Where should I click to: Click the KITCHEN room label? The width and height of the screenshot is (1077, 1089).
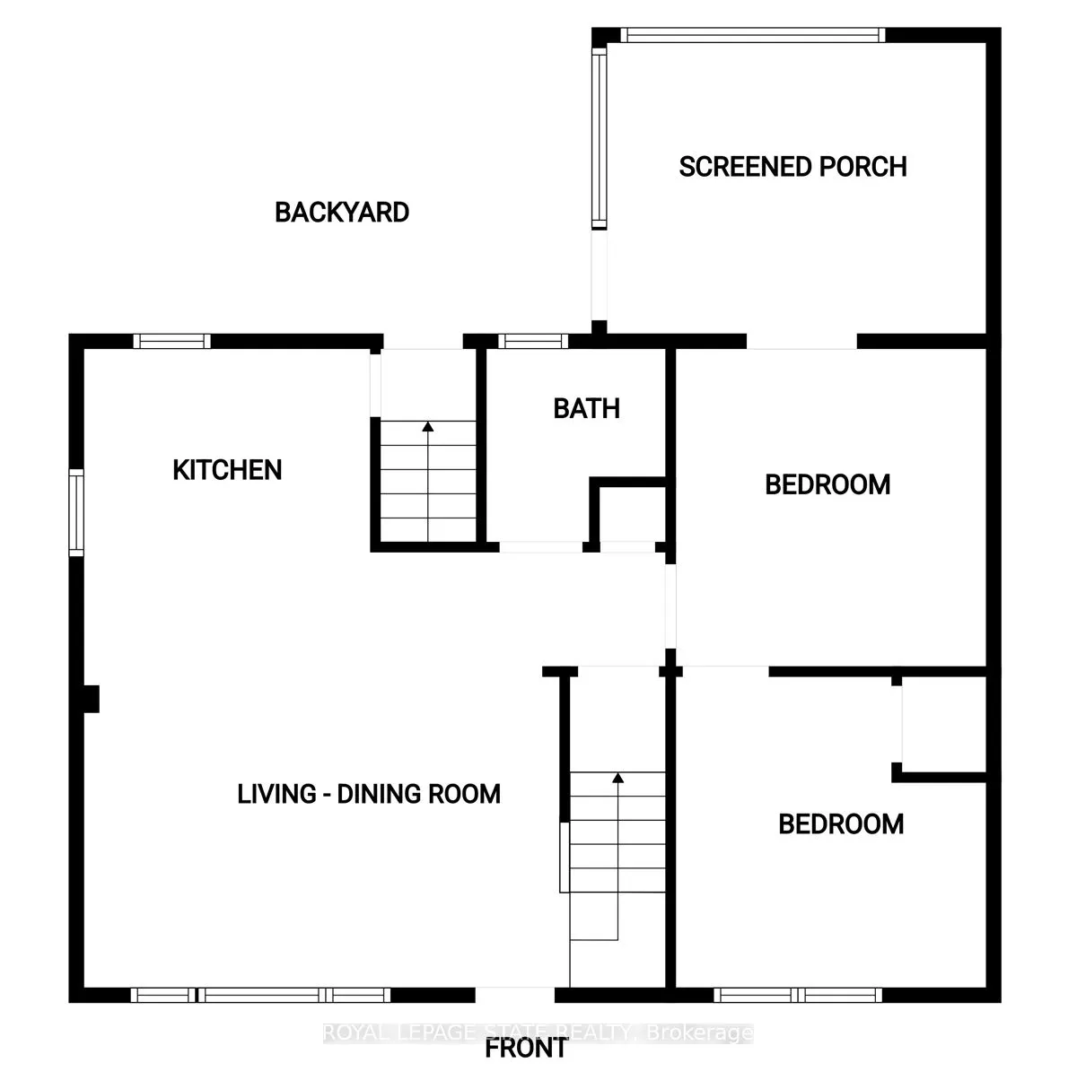(227, 470)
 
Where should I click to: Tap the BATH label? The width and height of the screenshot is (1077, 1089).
(586, 409)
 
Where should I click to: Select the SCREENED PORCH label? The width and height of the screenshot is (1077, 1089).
(792, 167)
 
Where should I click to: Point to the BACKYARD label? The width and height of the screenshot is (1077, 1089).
(342, 213)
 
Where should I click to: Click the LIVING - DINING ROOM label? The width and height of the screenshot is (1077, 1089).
(369, 794)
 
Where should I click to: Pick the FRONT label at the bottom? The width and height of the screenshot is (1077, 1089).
(526, 1048)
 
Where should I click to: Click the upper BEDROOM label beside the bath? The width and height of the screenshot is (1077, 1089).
(827, 484)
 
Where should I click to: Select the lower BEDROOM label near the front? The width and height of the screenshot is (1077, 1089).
(841, 824)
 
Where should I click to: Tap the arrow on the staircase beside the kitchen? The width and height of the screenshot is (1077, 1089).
(428, 428)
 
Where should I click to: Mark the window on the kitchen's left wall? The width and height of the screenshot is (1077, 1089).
(76, 512)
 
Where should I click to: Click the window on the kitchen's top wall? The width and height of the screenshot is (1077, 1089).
(172, 341)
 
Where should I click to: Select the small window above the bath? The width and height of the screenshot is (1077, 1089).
(533, 341)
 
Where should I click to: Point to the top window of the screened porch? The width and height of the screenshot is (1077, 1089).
(752, 36)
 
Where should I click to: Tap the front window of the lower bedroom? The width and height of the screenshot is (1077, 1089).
(799, 995)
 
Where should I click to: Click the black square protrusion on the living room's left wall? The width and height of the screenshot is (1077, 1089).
(90, 699)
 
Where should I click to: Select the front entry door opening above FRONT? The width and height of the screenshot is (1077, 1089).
(515, 995)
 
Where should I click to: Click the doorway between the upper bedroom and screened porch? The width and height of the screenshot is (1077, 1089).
(801, 342)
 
